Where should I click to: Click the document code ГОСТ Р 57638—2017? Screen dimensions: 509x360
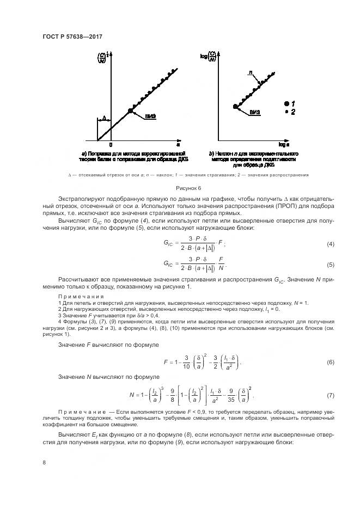72,36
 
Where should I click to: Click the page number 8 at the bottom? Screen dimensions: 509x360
44,463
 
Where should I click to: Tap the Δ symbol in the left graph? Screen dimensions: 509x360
103,118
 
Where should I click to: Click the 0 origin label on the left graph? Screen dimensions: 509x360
111,145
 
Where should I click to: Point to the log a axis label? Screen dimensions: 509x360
284,145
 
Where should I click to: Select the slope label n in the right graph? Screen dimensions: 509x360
250,72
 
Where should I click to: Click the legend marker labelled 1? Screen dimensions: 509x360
286,103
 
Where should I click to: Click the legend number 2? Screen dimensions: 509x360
294,112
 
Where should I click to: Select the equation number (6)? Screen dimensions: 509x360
315,361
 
